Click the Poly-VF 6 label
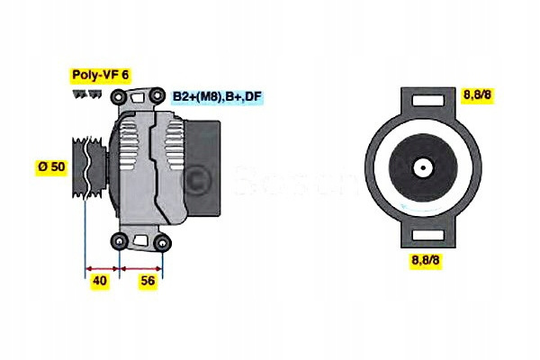pyautogui.click(x=101, y=75)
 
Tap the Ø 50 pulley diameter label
pyautogui.click(x=51, y=166)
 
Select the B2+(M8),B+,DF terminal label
pyautogui.click(x=217, y=96)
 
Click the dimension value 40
pyautogui.click(x=100, y=281)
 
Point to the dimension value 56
pyautogui.click(x=148, y=281)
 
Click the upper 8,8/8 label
pyautogui.click(x=477, y=94)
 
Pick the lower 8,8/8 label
pyautogui.click(x=426, y=260)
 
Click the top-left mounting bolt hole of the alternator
pyautogui.click(x=118, y=97)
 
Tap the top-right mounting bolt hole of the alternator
pyautogui.click(x=157, y=94)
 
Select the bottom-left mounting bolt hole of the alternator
pyautogui.click(x=120, y=241)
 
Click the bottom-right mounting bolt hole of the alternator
pyautogui.click(x=162, y=243)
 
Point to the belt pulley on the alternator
pyautogui.click(x=89, y=167)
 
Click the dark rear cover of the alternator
pyautogui.click(x=202, y=168)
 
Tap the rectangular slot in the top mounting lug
pyautogui.click(x=427, y=100)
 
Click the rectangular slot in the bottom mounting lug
pyautogui.click(x=427, y=235)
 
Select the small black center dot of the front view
pyautogui.click(x=423, y=168)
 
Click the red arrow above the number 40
pyautogui.click(x=103, y=268)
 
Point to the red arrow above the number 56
pyautogui.click(x=141, y=268)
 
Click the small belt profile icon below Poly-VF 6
pyautogui.click(x=87, y=94)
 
